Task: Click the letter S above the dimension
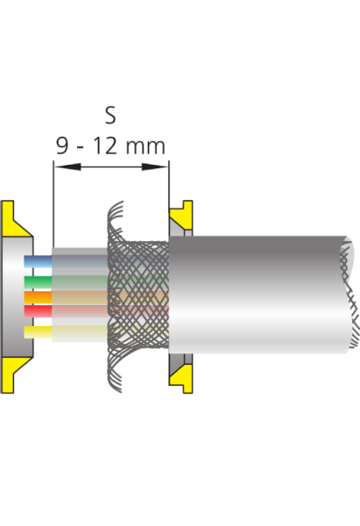tap(110, 115)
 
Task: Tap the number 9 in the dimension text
tap(62, 146)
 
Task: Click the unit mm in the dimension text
tap(145, 147)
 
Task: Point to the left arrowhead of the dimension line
tap(67, 167)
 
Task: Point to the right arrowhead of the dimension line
tap(155, 167)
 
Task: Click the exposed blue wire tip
tap(38, 261)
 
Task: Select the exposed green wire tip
tap(38, 282)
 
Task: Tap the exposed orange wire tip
tap(38, 297)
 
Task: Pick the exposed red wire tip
tap(38, 311)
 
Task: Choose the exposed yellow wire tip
tap(38, 332)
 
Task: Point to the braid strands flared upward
tap(115, 220)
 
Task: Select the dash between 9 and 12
tap(80, 148)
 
